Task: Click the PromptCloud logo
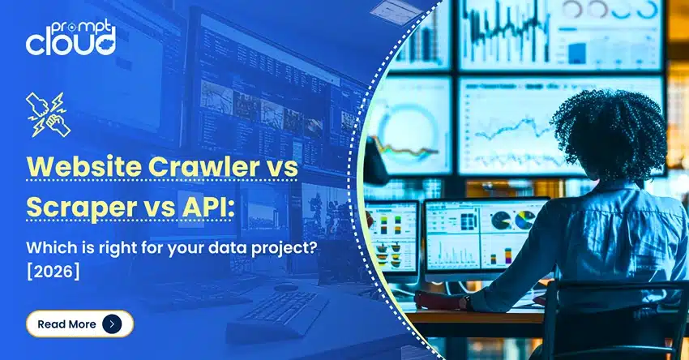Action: (71, 36)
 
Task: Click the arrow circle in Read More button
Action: (113, 324)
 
